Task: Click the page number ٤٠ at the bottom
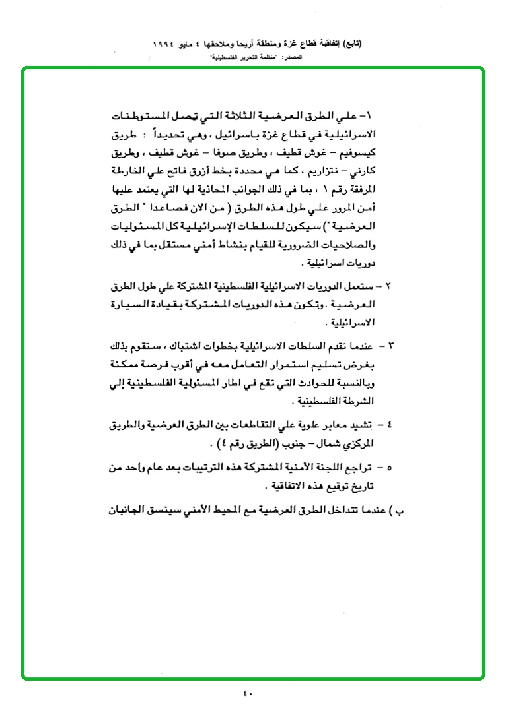tap(248, 693)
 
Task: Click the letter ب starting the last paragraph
tap(397, 510)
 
